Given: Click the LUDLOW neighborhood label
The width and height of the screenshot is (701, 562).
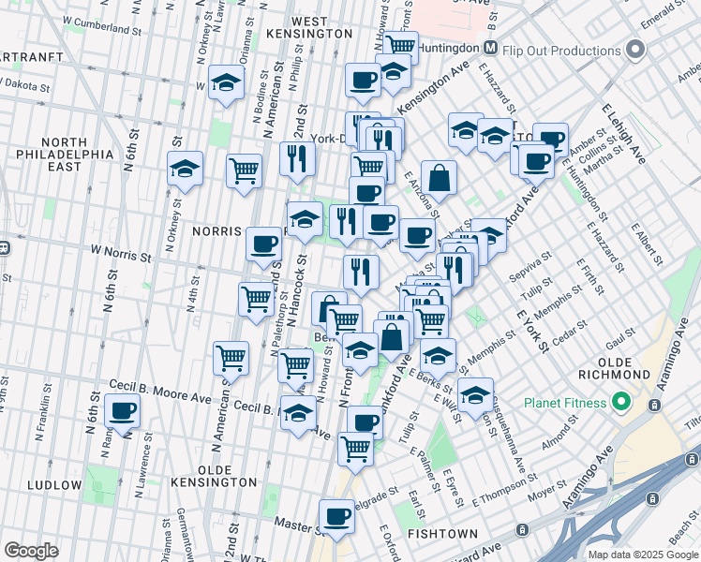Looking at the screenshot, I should coord(54,484).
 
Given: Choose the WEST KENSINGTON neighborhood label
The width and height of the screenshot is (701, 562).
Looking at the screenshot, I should coord(308,27).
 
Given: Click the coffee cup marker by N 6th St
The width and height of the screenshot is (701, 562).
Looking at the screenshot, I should coord(122,410).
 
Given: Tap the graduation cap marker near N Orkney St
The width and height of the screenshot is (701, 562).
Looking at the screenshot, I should coord(185,169).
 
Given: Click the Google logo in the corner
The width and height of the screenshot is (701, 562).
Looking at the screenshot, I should coord(32,551).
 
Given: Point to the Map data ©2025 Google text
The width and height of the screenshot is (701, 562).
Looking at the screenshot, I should coord(644,554).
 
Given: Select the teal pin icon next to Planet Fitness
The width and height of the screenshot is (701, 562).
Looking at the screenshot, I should coord(619,404).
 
